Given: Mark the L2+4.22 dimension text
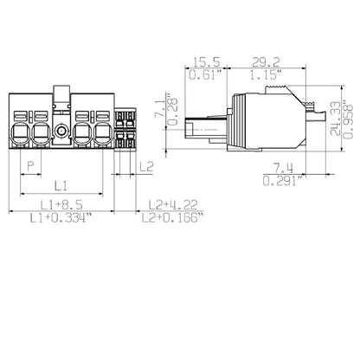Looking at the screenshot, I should (x=170, y=203).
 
